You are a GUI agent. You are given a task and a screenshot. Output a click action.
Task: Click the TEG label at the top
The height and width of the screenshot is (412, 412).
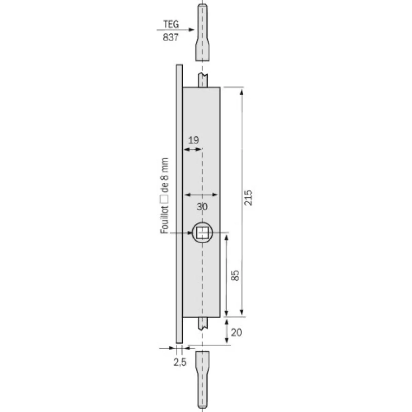tap(171, 25)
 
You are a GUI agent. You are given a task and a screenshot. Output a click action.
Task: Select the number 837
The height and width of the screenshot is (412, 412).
tap(170, 38)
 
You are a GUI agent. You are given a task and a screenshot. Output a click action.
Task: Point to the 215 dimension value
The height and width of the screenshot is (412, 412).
tap(248, 197)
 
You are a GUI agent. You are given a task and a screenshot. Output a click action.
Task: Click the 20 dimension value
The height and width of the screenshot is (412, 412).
tap(236, 332)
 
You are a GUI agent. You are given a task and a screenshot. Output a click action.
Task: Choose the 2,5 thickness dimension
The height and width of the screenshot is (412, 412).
tap(180, 363)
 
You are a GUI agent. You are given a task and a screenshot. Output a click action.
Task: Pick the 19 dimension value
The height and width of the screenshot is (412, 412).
tap(194, 140)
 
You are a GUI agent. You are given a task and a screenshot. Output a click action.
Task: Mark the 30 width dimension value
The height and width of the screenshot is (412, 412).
tap(202, 207)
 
